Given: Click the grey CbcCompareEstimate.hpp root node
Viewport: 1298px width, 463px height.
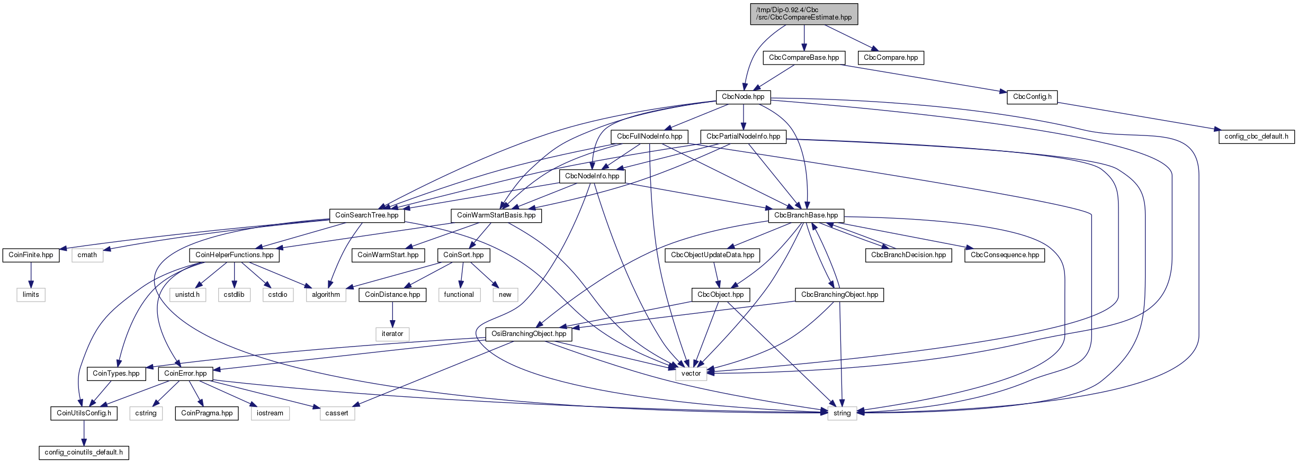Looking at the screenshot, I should point(804,14).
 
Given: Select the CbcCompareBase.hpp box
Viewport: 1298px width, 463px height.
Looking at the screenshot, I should point(804,58).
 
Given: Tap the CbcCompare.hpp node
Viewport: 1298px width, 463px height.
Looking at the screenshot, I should point(891,58).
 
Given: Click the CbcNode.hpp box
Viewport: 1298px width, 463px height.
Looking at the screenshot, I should point(743,97).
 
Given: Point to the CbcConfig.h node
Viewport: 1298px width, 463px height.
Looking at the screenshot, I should point(1032,97).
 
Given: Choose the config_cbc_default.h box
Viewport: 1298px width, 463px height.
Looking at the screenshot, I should point(1256,137).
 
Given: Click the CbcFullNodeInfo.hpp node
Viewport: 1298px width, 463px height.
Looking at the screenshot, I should point(649,137).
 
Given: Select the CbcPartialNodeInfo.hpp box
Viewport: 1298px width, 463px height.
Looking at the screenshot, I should point(743,137).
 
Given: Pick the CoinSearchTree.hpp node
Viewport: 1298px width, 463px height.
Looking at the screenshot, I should point(366,215).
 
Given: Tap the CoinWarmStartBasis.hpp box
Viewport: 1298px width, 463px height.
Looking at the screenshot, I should point(496,215).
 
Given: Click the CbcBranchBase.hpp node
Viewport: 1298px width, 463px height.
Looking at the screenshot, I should point(806,215).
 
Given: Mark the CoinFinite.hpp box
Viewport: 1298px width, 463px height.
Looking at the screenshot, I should point(31,255).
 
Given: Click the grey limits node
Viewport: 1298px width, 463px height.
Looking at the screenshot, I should point(31,295).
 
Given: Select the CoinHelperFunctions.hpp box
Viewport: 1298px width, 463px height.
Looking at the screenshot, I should point(234,255).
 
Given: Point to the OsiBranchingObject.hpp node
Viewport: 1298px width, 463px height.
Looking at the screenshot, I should point(529,334).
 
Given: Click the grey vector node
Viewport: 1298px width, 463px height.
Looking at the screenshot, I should point(691,374).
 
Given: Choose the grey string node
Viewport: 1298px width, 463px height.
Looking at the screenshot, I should point(842,413).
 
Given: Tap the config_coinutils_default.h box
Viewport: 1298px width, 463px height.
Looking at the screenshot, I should point(84,452).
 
